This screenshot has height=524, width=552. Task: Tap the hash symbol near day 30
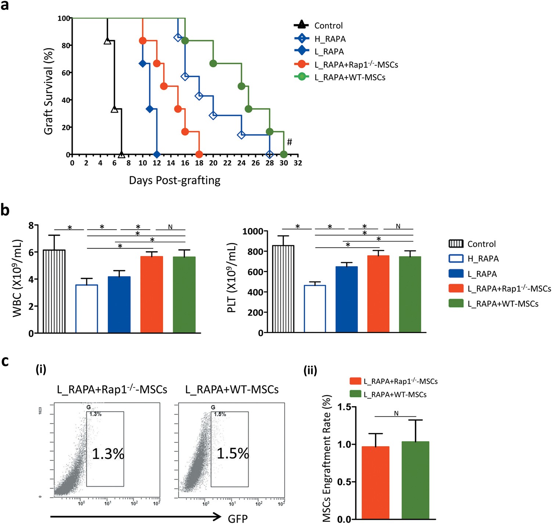click(289, 142)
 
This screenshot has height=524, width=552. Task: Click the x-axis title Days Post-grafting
click(174, 180)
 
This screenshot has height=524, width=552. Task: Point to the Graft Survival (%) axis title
click(48, 91)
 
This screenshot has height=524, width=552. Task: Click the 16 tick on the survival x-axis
click(185, 163)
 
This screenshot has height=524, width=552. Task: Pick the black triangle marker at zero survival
click(121, 155)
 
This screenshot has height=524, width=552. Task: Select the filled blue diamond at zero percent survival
click(157, 155)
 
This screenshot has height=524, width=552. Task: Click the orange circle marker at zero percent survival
click(199, 155)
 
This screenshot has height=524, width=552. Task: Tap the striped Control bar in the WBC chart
click(54, 291)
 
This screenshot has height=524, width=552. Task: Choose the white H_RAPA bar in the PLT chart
click(315, 309)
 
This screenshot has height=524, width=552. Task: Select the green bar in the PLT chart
click(410, 294)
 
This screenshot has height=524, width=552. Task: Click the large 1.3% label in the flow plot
click(108, 454)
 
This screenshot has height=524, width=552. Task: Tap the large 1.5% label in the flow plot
click(232, 453)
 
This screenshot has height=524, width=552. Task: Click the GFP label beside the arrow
click(238, 518)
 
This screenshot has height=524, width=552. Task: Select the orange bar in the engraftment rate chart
click(375, 483)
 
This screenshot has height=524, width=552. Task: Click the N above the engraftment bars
click(396, 413)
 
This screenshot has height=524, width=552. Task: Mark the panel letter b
click(5, 210)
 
